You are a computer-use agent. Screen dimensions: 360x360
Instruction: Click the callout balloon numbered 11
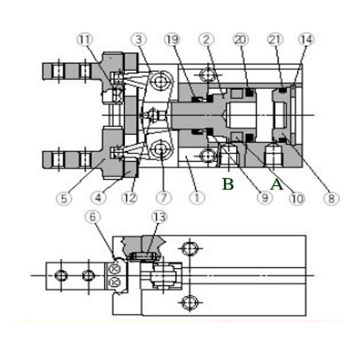tap(85, 39)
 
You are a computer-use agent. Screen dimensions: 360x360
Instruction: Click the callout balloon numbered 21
tap(274, 39)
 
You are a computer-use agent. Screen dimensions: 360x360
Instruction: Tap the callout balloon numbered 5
tap(64, 198)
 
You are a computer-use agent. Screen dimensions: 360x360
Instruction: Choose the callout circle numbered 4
tap(98, 198)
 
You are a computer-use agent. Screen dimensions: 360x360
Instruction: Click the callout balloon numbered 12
tap(129, 198)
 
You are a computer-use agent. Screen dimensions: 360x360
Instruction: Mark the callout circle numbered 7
tap(163, 198)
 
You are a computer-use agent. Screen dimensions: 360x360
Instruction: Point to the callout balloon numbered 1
tap(197, 198)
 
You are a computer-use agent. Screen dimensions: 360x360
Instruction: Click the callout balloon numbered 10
tap(297, 198)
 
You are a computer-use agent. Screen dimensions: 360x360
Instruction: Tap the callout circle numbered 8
tap(330, 198)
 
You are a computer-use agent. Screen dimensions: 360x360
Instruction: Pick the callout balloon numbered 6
tap(93, 217)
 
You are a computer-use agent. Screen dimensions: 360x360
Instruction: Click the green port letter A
tap(277, 184)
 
